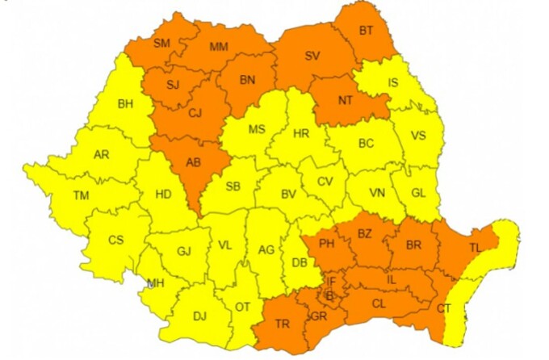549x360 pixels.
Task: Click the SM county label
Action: [161, 43]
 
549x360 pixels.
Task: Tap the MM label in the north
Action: [219, 48]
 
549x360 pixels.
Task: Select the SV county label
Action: [312, 56]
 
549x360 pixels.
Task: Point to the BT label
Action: [367, 31]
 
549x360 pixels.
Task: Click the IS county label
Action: [393, 82]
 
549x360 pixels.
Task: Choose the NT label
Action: [346, 101]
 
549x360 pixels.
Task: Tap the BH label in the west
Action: [125, 103]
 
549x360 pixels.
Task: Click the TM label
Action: [81, 195]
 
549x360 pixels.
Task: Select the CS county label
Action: [116, 240]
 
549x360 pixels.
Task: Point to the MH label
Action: [154, 283]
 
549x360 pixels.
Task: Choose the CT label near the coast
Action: [444, 308]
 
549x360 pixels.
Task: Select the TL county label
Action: [475, 248]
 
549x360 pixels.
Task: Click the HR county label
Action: [301, 134]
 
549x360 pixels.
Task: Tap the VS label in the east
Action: [418, 136]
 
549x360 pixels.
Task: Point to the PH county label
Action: [327, 243]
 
